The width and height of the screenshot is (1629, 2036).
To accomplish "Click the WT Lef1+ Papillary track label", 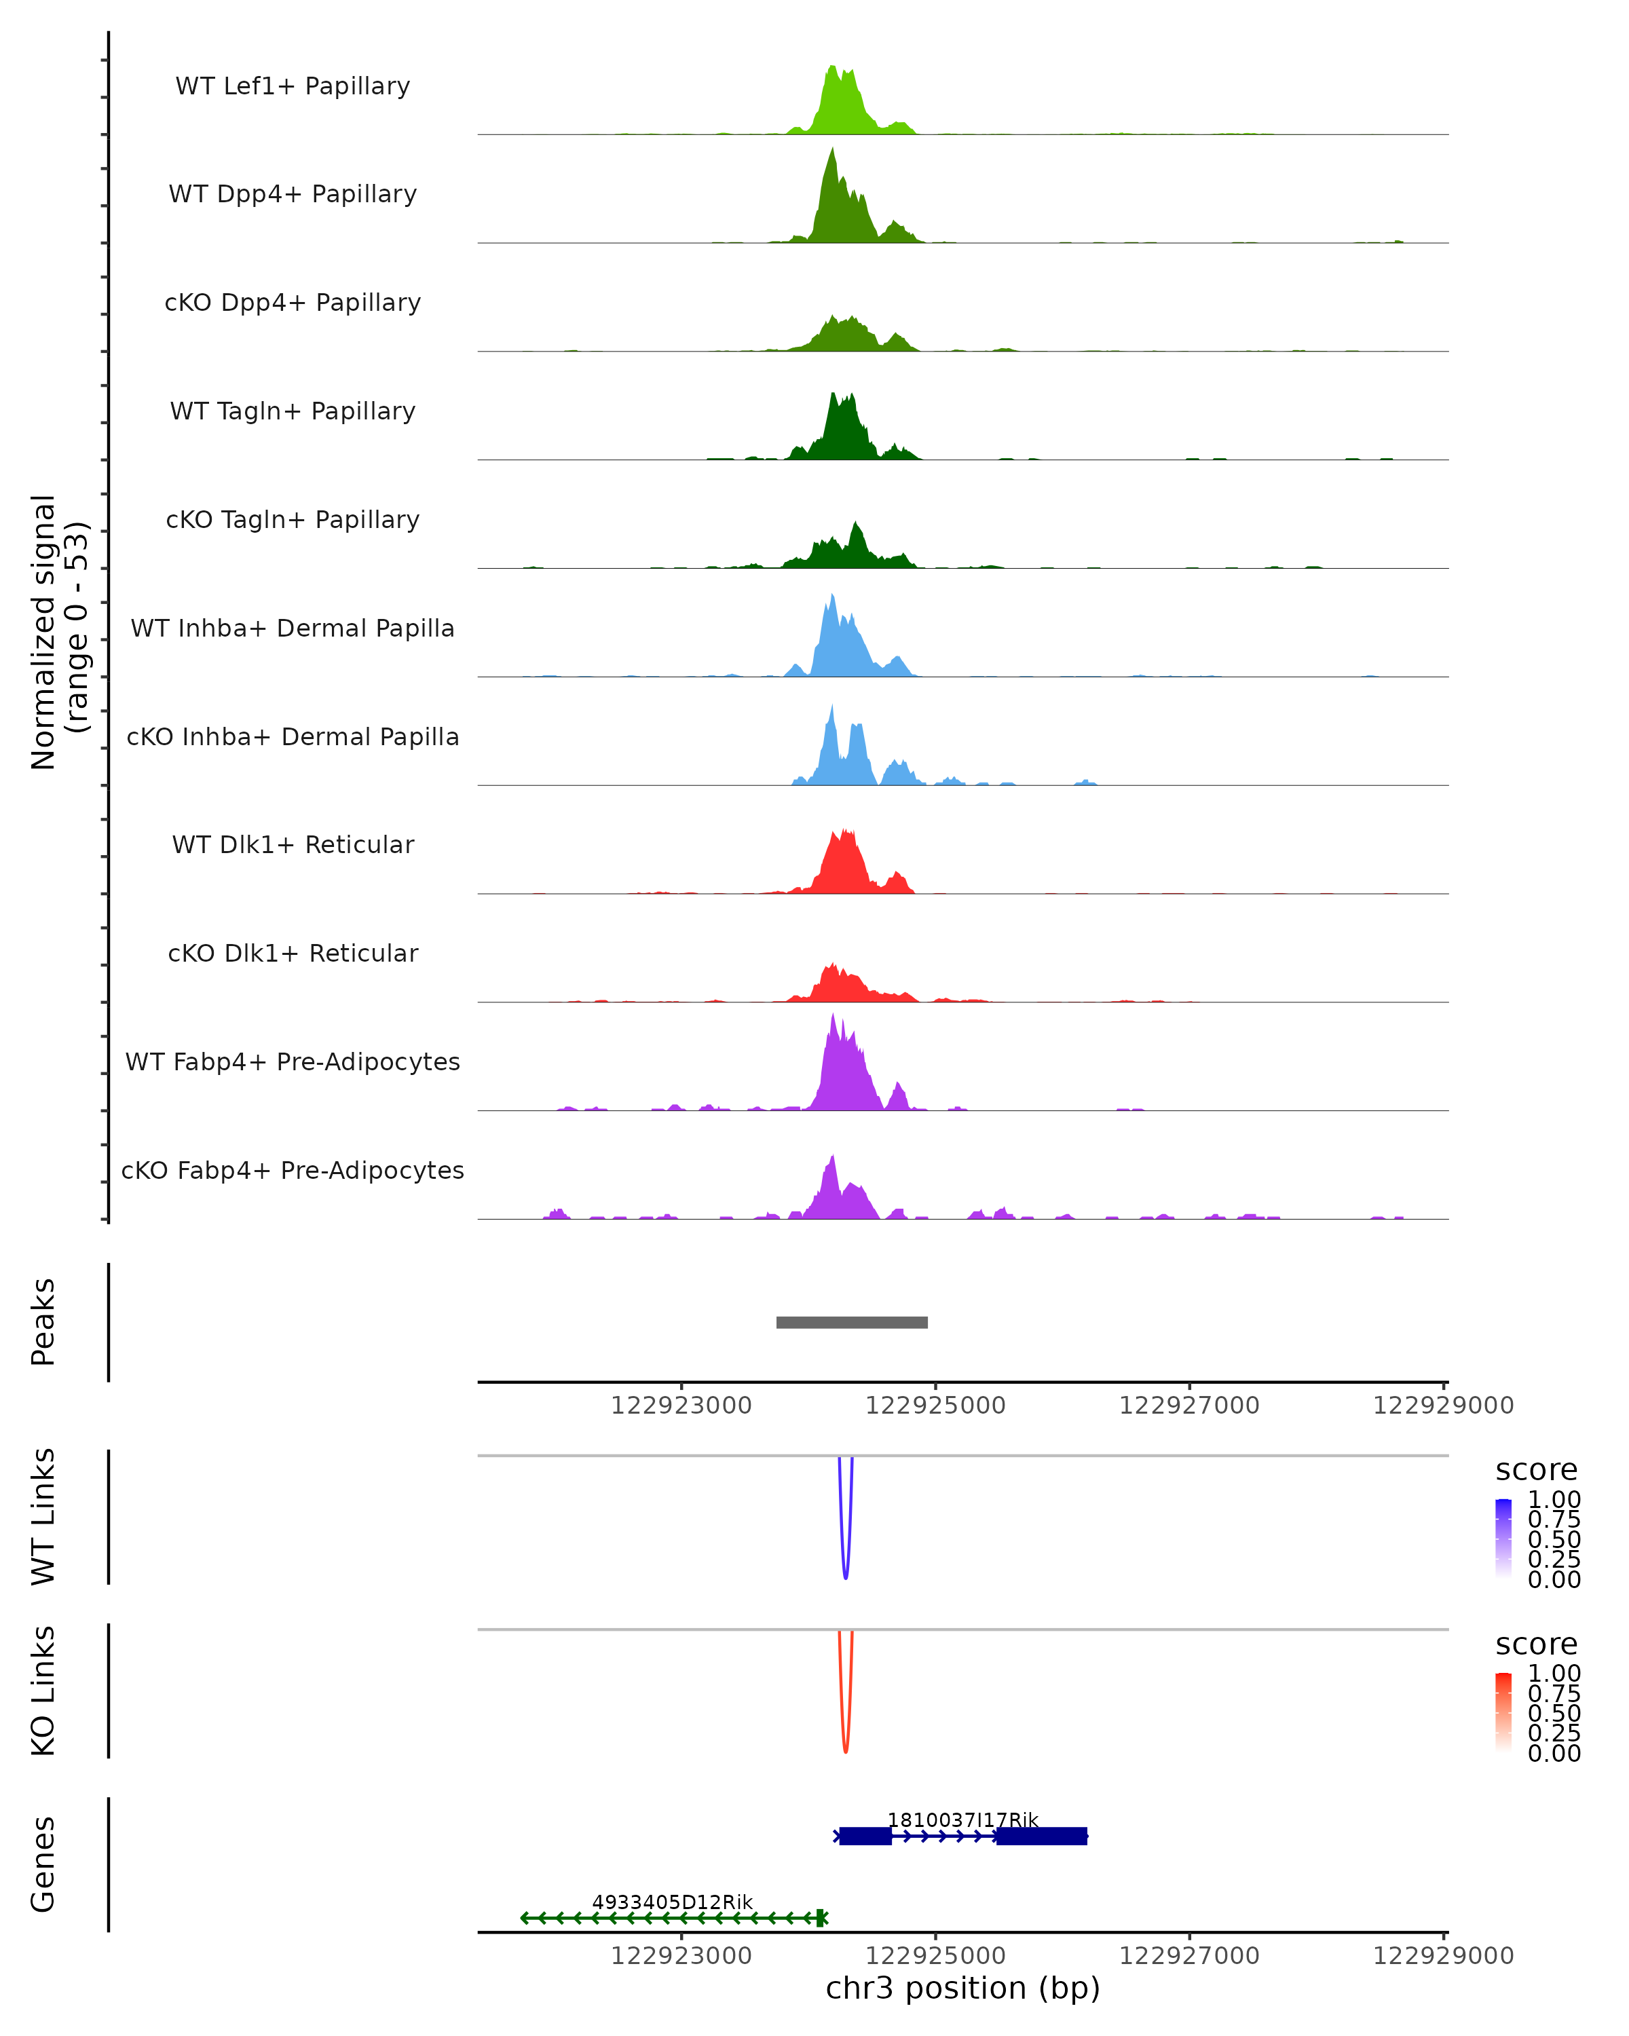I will (x=293, y=86).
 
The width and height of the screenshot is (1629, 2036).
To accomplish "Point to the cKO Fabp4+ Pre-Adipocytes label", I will (x=293, y=1170).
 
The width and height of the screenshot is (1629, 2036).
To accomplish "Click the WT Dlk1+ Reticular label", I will (x=293, y=844).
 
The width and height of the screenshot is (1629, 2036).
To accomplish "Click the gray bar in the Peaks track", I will (x=852, y=1322).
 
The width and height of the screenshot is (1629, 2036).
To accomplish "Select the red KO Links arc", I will (x=845, y=1748).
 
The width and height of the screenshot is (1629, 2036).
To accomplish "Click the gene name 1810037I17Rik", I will (x=962, y=1820).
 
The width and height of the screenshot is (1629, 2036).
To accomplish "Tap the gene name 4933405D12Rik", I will (x=673, y=1902).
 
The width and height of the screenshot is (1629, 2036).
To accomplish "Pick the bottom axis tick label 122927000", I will (x=1189, y=1956).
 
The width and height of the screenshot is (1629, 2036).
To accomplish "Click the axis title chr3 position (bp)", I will (x=962, y=1988).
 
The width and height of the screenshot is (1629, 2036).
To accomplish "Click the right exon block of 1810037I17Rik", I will (x=1042, y=1836).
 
